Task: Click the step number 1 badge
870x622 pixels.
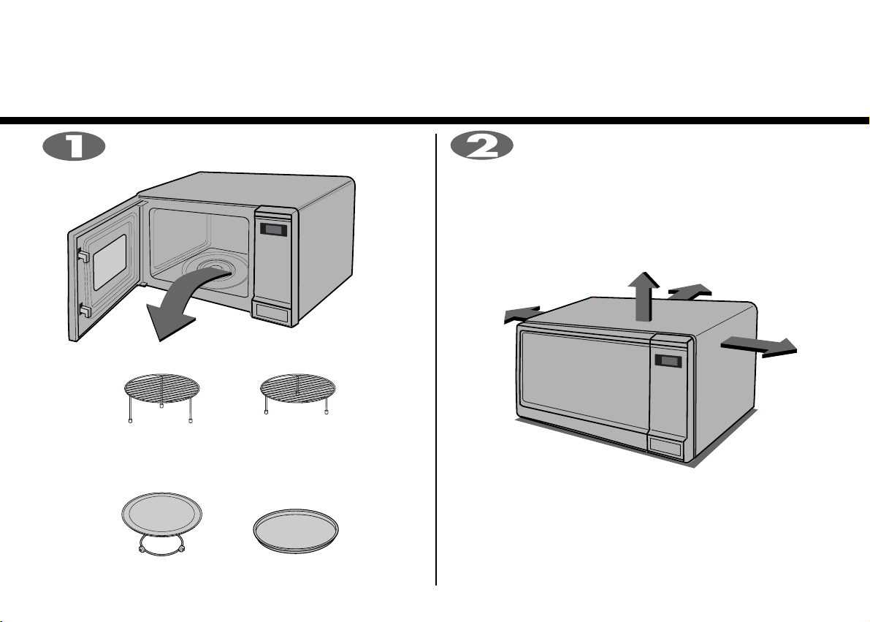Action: (74, 147)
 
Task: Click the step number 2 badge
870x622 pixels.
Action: (481, 147)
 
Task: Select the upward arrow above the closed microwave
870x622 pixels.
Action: (644, 297)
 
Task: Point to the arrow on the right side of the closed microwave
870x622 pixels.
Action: (759, 346)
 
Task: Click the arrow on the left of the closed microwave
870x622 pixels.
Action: (522, 314)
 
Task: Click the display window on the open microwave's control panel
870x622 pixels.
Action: (273, 230)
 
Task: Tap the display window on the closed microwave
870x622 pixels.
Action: (668, 360)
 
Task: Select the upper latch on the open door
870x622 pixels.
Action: (83, 256)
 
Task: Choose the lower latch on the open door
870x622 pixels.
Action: (85, 311)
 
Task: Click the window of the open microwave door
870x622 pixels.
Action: (110, 262)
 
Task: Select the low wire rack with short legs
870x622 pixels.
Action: (298, 393)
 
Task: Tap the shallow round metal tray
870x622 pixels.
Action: (296, 531)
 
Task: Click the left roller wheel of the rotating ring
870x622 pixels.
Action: (142, 549)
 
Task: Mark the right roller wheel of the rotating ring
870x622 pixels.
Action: (181, 549)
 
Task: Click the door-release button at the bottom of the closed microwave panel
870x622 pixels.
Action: (665, 447)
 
